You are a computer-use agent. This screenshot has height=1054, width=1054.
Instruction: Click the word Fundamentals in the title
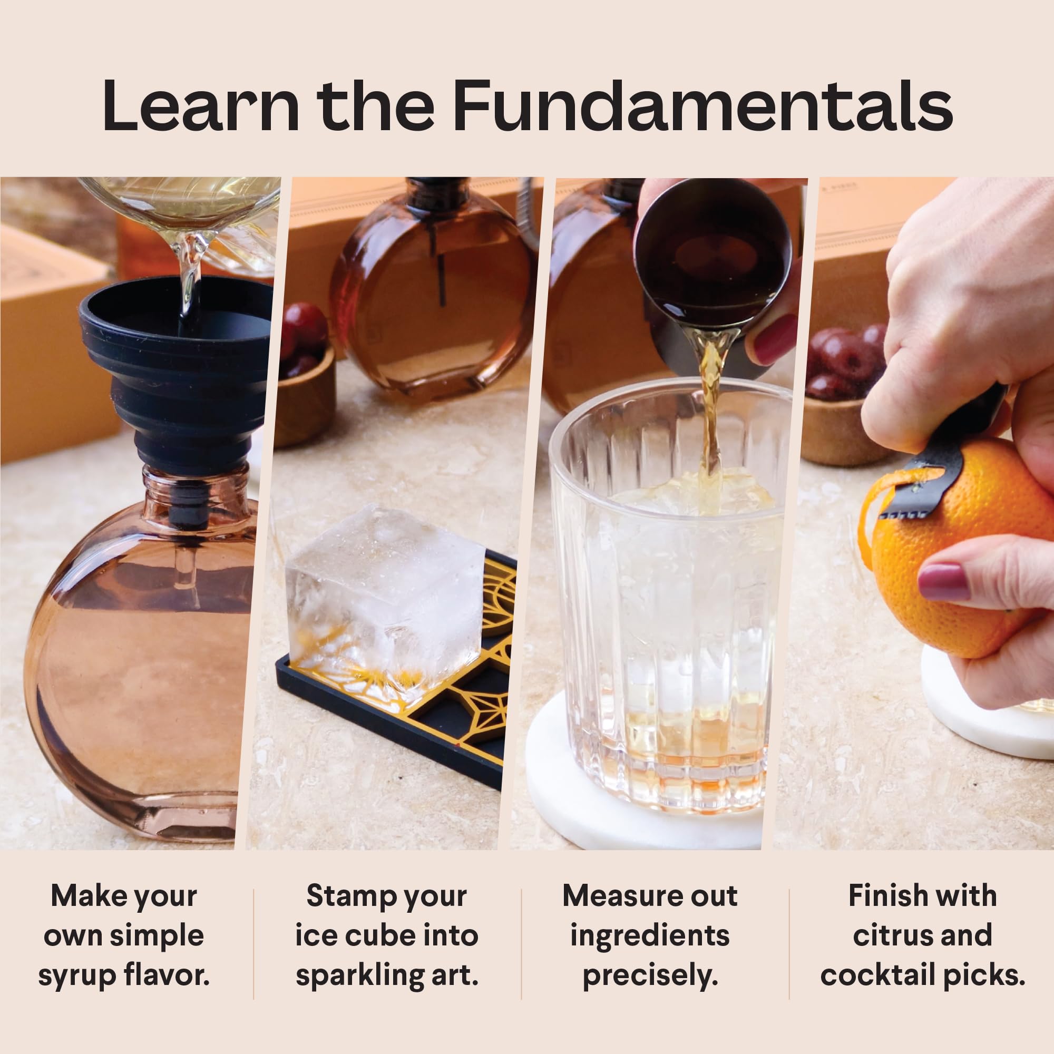(702, 106)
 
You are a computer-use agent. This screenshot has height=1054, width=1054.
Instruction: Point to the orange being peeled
(960, 551)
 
